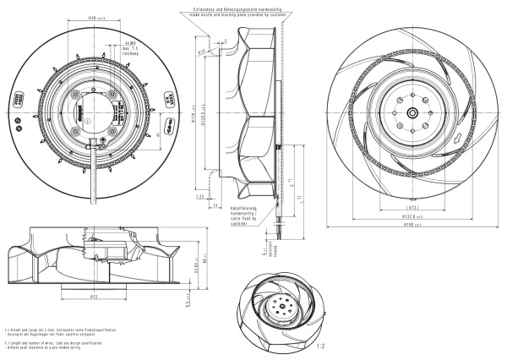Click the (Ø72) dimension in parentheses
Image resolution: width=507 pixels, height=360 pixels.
(x=409, y=206)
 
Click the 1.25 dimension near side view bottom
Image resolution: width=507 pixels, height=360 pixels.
(x=201, y=197)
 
